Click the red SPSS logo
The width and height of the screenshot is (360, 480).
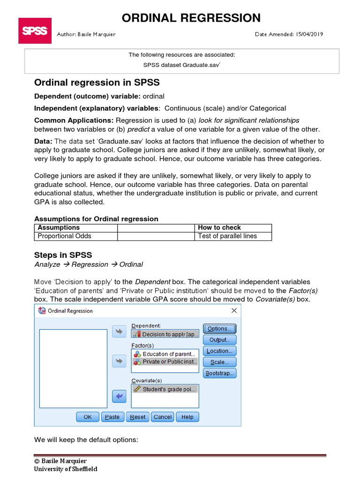35,31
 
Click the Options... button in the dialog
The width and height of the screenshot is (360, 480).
219,329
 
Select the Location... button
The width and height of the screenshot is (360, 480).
219,351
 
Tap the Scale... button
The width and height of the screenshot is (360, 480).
219,362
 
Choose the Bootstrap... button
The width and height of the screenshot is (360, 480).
219,374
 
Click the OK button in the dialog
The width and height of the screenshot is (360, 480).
88,417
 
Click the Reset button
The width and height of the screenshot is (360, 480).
138,417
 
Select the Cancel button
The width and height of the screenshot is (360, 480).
163,417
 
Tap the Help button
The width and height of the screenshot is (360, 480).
187,417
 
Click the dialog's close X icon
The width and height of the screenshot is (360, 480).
234,311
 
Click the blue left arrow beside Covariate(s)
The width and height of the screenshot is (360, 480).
120,396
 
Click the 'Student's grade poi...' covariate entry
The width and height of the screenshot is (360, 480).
169,389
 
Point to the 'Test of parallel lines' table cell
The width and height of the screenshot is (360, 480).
227,236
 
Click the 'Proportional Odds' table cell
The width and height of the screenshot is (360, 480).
65,236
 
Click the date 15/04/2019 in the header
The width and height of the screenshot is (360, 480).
309,34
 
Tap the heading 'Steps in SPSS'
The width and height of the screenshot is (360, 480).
63,255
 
